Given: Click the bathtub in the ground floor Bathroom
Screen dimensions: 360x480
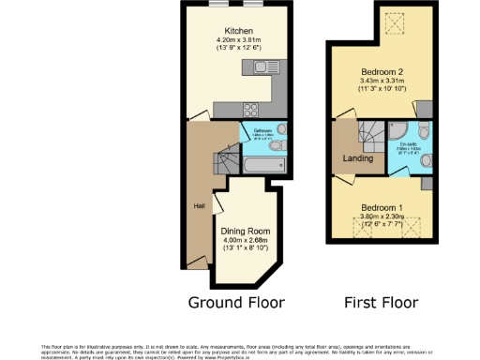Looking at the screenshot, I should click(262, 164).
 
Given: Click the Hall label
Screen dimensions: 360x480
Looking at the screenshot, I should click(200, 206).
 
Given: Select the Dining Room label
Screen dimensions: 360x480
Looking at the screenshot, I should click(245, 231).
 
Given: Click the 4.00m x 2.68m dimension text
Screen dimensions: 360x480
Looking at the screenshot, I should click(245, 240).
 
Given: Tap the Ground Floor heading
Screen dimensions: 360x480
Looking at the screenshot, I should click(236, 302).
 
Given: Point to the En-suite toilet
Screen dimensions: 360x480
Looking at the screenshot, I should click(427, 162).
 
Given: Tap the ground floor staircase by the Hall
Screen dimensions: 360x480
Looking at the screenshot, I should click(228, 165).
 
